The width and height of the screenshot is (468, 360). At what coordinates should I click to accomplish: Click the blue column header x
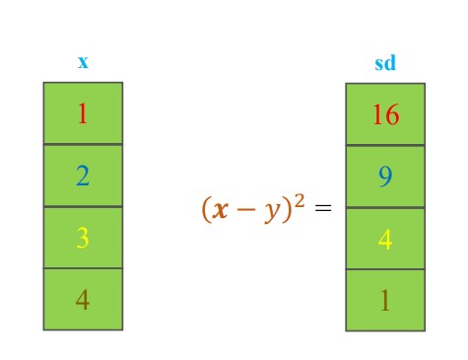[83, 62]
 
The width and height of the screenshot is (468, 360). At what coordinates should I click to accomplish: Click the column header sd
[385, 64]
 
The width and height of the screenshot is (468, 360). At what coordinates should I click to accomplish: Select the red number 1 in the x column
[83, 113]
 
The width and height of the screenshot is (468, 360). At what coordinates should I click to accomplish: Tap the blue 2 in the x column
[83, 176]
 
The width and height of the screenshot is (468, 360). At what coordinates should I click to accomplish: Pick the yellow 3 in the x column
[83, 238]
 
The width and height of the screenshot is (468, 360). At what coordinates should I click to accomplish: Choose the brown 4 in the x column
[83, 299]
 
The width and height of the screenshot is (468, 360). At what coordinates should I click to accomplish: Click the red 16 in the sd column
[385, 114]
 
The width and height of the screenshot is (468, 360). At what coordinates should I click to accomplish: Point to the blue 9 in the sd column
[385, 177]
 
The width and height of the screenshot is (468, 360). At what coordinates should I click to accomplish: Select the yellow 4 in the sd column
[385, 239]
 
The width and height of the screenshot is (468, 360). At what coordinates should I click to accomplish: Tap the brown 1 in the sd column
[385, 300]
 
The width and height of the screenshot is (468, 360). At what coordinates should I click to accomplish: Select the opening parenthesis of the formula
[207, 210]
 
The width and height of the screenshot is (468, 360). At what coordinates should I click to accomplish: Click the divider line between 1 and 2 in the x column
[83, 144]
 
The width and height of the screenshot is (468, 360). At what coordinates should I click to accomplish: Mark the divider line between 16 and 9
[385, 145]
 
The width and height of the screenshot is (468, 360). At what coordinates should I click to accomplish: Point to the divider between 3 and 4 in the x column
[83, 268]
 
